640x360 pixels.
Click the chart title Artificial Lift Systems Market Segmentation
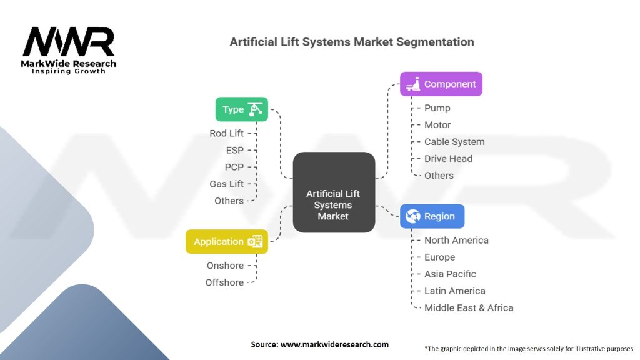352,42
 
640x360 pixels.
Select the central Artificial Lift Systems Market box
334,192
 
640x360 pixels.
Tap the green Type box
242,109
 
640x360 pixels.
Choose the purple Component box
441,84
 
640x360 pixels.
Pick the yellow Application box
227,242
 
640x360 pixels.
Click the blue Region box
432,216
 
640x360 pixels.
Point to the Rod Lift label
227,133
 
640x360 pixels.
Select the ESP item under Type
235,150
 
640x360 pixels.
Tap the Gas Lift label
227,184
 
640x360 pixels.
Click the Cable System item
454,142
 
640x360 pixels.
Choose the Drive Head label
448,159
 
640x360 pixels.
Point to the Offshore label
224,282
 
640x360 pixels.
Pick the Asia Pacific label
450,274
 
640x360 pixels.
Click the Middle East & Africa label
469,307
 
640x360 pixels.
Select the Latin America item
455,291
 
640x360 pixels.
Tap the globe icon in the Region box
412,216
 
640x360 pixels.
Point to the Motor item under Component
437,125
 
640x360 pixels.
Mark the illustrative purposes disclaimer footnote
529,349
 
